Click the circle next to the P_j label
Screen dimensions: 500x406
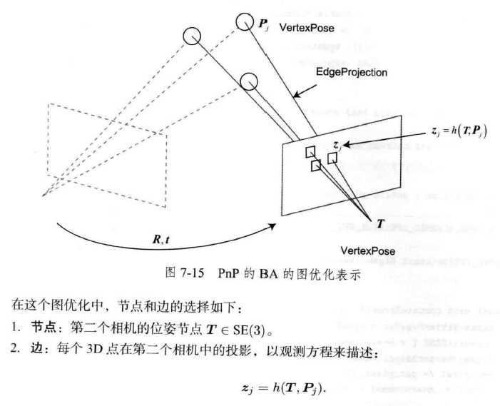click(245, 21)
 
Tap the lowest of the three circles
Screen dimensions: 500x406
click(248, 83)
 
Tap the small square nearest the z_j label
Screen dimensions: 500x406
click(332, 158)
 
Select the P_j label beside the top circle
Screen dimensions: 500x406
click(262, 24)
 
